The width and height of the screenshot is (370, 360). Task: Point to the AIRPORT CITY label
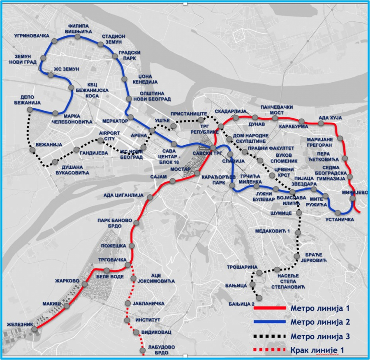(x=109, y=136)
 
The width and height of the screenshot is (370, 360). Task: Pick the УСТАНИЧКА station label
(x=340, y=220)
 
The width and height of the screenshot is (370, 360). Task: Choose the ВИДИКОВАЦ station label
(x=155, y=332)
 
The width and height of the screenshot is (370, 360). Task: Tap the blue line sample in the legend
(x=270, y=322)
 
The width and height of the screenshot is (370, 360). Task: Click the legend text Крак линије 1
(x=316, y=350)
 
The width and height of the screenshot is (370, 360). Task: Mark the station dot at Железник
(x=35, y=329)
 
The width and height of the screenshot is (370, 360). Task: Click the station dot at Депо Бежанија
(x=30, y=109)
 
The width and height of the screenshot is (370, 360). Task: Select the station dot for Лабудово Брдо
(x=142, y=351)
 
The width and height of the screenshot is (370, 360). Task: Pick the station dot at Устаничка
(x=338, y=213)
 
